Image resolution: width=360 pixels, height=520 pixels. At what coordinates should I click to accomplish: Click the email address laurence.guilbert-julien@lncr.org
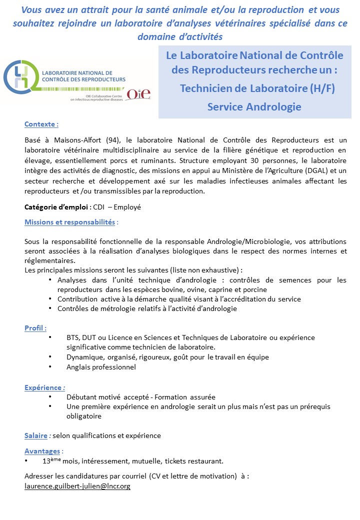[77, 486]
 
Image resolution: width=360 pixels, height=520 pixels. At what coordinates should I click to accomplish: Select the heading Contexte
[41, 124]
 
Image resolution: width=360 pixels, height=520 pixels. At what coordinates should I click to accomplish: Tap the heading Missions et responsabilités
[70, 221]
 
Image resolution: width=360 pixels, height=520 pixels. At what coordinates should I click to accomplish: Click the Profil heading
[35, 328]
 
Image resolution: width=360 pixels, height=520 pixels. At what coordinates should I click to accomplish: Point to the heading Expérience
[44, 387]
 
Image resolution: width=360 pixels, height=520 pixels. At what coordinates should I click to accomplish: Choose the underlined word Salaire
[35, 435]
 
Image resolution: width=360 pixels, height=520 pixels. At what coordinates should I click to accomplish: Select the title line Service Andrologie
[254, 106]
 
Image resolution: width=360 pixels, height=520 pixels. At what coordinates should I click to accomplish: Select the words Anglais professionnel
[101, 367]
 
